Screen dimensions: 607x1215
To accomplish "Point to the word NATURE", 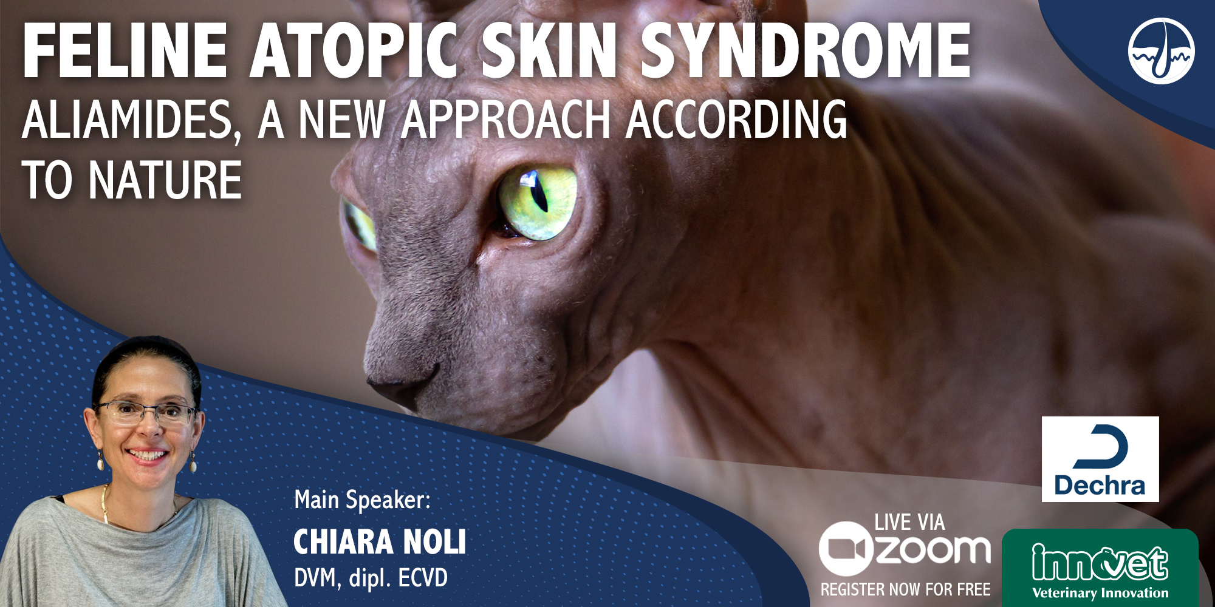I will click(x=165, y=180).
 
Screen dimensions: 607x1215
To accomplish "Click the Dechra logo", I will click(x=1100, y=459).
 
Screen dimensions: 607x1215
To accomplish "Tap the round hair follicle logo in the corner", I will click(x=1161, y=51).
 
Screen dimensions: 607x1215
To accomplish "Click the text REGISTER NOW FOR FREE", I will click(x=905, y=589).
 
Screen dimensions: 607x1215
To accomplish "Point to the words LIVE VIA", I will click(x=909, y=522).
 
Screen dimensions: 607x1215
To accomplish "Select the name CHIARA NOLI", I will click(x=380, y=542).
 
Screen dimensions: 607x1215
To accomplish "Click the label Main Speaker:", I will click(x=363, y=500).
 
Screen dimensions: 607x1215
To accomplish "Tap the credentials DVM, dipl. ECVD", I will click(x=371, y=578).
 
